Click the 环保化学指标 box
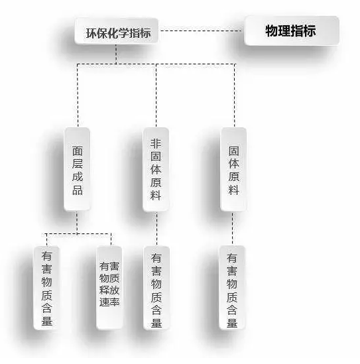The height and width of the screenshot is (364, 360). pos(116,31)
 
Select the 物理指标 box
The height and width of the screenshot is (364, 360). pos(292,30)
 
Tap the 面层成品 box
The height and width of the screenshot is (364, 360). pos(77,169)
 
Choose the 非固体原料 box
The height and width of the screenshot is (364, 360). pos(156,170)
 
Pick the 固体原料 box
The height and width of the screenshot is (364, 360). pos(233,169)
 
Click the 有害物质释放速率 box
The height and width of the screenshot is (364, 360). pos(109,287)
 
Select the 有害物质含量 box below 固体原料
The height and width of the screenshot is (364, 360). pos(232,287)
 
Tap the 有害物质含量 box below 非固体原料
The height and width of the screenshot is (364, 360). pos(156,288)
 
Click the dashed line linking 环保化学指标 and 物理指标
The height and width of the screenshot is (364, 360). pos(202,30)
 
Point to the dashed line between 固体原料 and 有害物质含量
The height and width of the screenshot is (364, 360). pos(233,229)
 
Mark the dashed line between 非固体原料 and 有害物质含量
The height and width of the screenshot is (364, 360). pos(156,229)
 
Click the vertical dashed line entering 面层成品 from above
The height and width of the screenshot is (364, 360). pos(78,95)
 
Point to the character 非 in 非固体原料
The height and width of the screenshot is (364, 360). pos(156,144)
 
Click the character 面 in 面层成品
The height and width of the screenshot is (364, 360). pos(78,151)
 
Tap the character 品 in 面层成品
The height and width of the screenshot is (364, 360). pos(78,190)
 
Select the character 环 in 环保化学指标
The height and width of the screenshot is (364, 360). pos(91,33)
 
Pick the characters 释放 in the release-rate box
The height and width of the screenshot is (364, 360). pos(109,290)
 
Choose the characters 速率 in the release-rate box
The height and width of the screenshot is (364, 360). pos(109,302)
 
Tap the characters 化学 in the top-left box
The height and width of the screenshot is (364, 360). pos(118,33)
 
